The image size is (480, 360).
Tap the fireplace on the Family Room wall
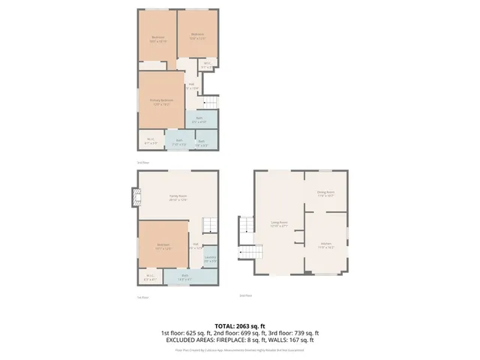point(135,196)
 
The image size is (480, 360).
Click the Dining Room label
point(325,192)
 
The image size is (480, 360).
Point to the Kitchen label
point(326,244)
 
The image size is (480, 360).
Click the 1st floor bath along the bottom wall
point(184,277)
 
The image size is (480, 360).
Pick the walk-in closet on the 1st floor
point(150,277)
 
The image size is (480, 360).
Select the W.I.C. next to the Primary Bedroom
point(151,139)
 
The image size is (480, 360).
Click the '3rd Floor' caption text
point(142,162)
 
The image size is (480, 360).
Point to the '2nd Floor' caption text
point(245,295)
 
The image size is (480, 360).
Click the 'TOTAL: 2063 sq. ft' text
point(239,325)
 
